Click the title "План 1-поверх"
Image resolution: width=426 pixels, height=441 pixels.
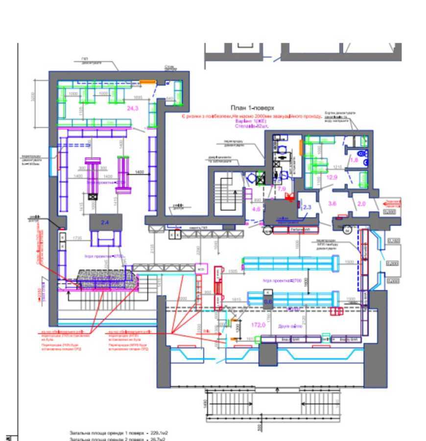252,108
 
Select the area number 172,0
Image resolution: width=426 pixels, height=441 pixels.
258,325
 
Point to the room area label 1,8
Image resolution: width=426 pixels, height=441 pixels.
355,160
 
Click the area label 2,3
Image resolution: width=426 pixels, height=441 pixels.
308,207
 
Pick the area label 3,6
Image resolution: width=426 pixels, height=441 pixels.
332,203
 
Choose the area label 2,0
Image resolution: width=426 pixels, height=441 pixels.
362,203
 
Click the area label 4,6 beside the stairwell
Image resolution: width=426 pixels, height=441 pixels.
256,209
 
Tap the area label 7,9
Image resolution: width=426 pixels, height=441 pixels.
282,189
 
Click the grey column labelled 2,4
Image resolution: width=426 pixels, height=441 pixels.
105,222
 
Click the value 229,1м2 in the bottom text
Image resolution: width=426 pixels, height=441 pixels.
159,433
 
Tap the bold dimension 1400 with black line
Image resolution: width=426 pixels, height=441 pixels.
140,172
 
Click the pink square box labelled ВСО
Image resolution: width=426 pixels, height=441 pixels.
201,269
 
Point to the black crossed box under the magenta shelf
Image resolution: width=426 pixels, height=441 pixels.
93,196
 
